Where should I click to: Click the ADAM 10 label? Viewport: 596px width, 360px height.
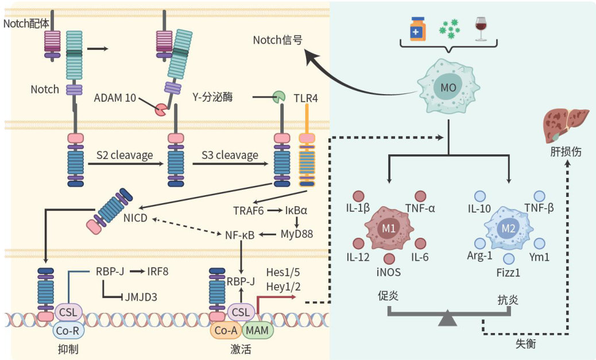(x=115, y=98)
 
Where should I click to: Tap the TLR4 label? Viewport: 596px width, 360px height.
(x=305, y=98)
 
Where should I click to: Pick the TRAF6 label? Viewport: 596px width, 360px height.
(x=249, y=211)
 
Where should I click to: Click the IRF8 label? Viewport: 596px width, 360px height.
(x=157, y=271)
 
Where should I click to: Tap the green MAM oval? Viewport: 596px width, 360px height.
(x=258, y=330)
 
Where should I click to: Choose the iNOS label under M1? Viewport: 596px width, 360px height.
(x=389, y=272)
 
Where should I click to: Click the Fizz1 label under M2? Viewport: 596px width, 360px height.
(x=509, y=273)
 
